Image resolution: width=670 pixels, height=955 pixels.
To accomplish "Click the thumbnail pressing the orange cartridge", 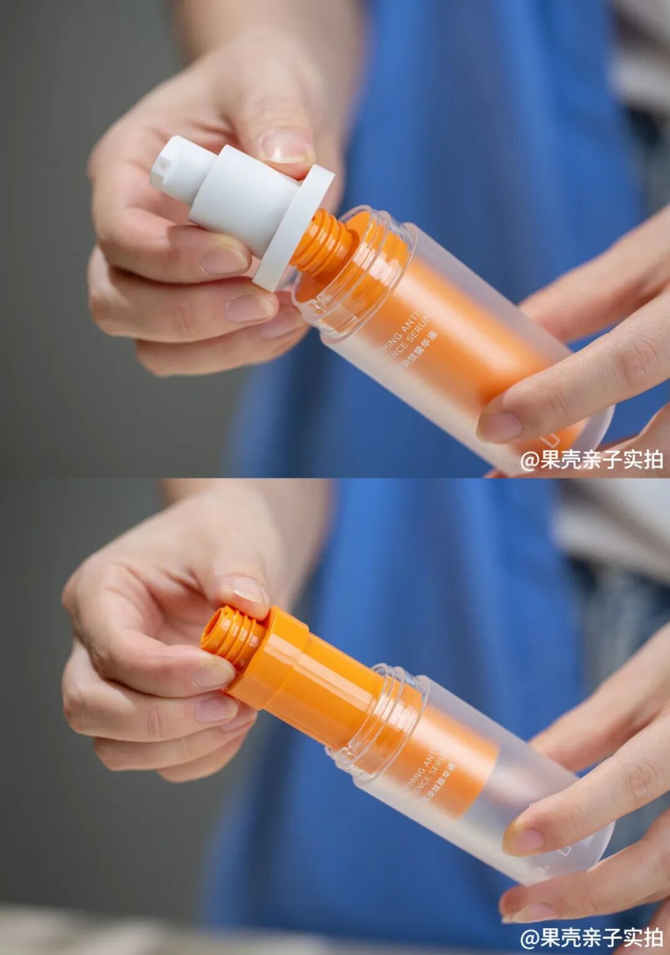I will [x=247, y=590].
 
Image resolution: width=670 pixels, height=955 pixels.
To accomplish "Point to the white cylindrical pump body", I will [x=242, y=192].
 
